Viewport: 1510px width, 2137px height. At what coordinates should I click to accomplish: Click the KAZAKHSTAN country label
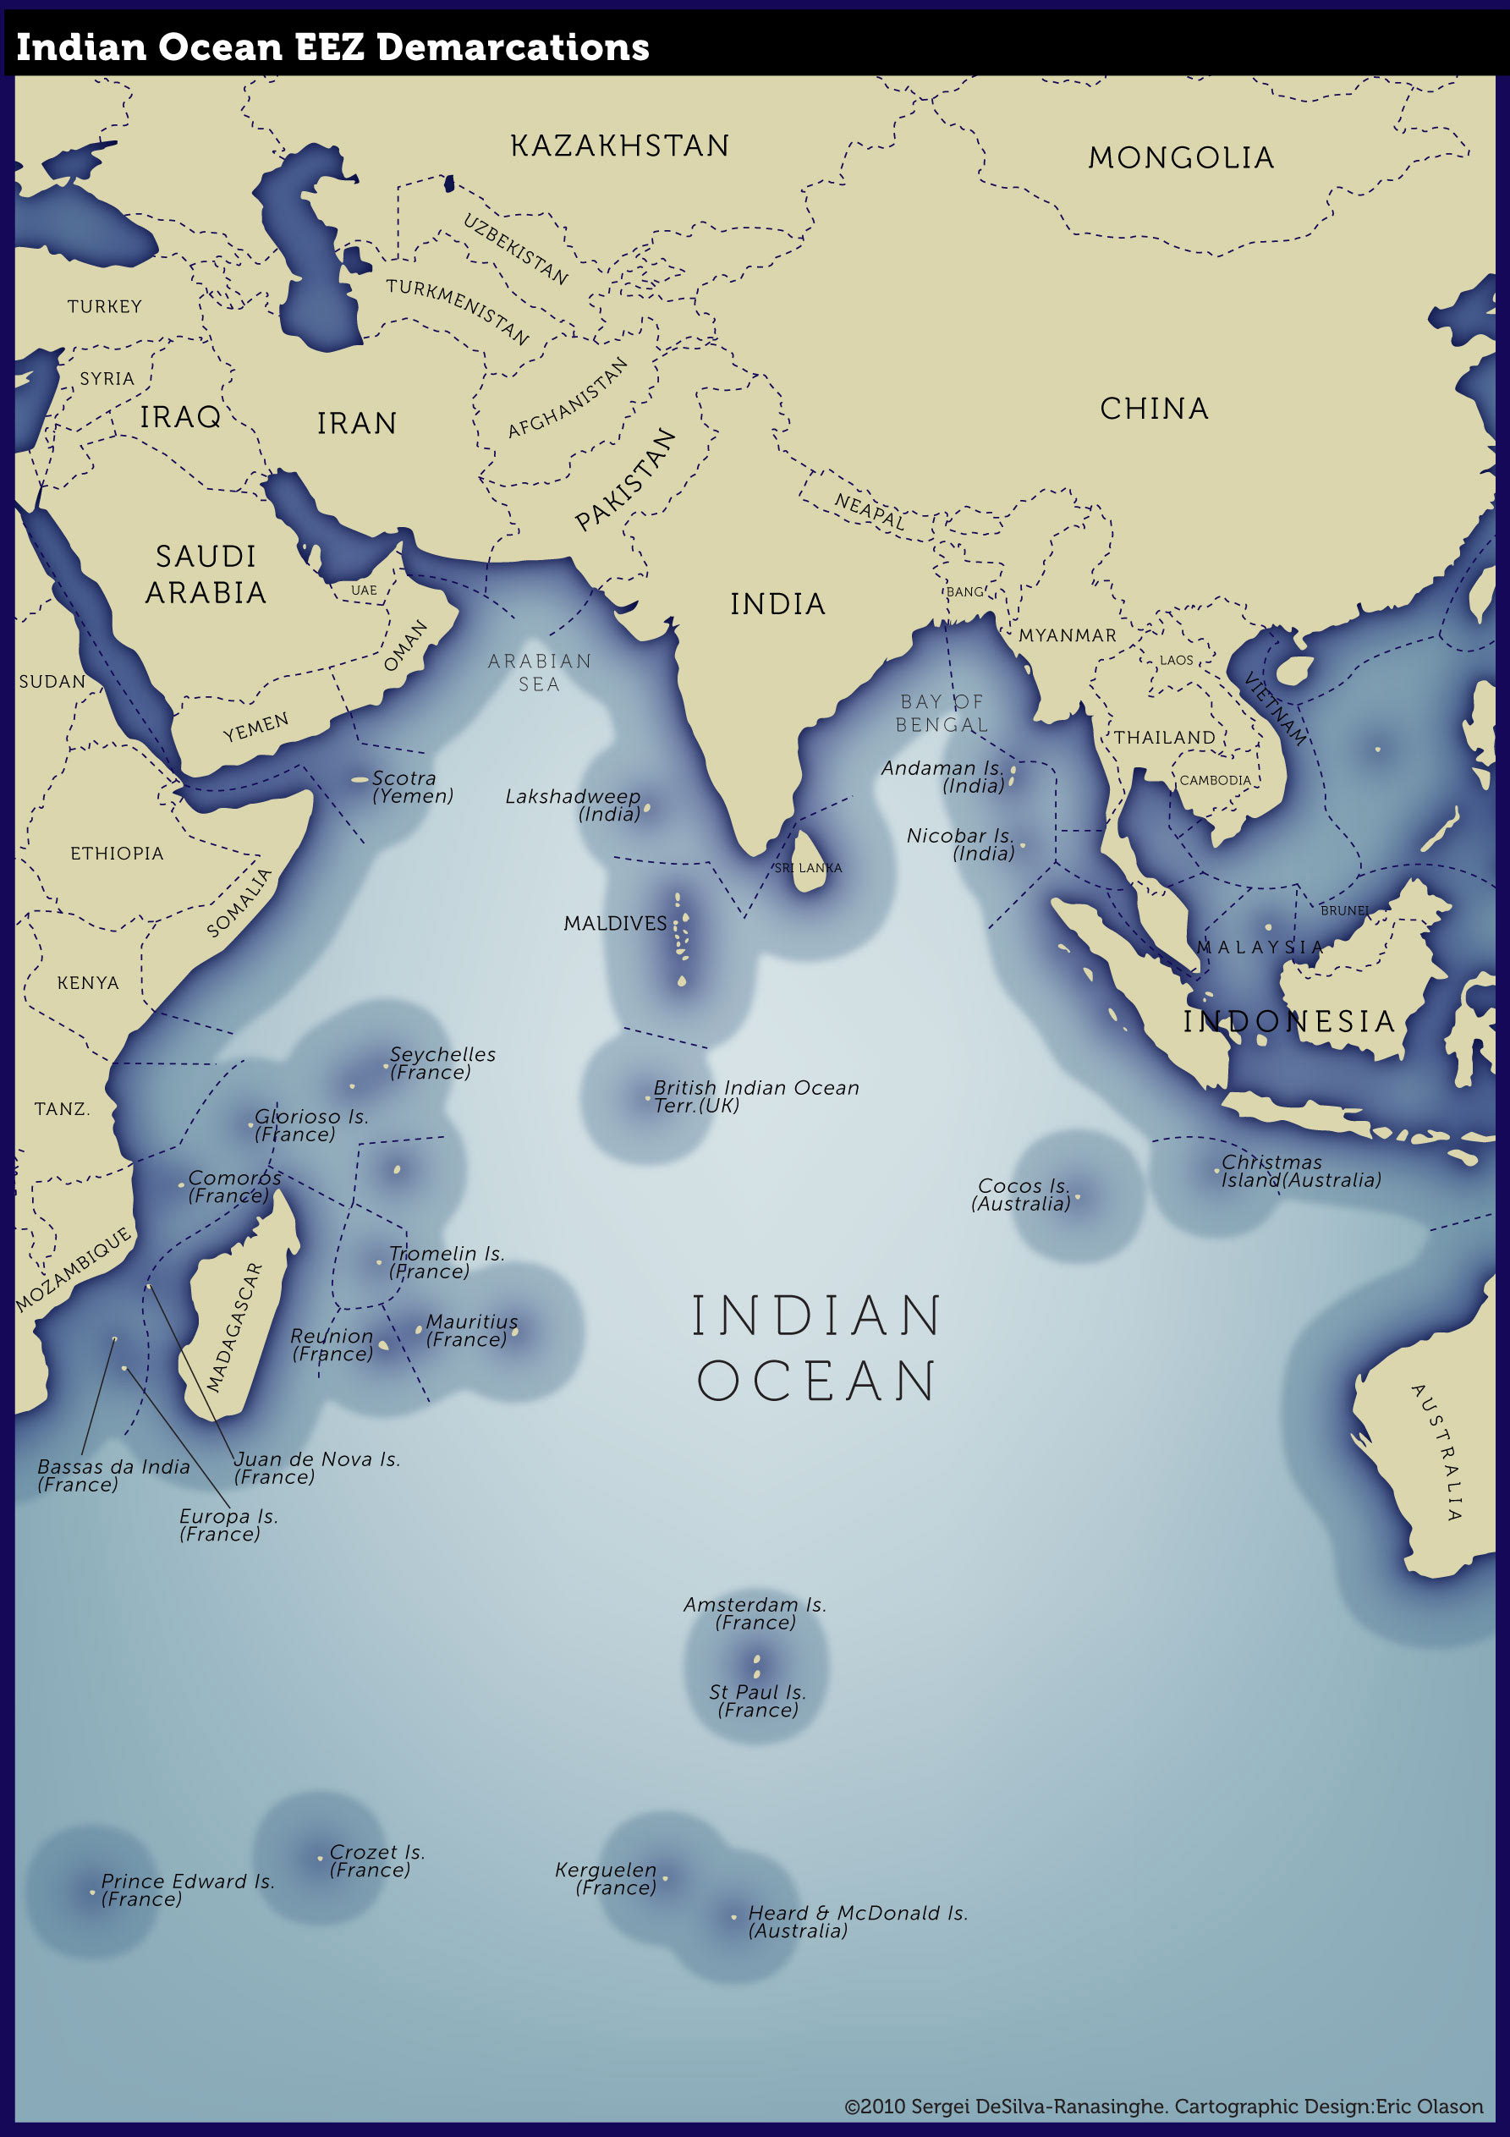click(619, 146)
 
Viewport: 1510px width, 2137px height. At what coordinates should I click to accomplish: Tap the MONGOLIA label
click(1180, 158)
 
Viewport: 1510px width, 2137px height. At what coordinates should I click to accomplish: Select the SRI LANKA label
click(808, 867)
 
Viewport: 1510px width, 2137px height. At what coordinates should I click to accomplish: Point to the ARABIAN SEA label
click(540, 672)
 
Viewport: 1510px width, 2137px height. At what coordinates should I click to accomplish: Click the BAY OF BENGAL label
click(942, 713)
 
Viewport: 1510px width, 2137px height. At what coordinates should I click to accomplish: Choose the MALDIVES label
click(614, 923)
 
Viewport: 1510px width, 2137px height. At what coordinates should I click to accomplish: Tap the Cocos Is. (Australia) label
click(1022, 1195)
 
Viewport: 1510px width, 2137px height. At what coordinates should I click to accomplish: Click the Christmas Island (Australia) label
click(1299, 1171)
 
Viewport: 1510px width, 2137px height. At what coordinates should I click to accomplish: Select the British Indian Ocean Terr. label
click(755, 1096)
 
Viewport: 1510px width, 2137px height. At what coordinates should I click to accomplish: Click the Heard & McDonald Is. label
click(858, 1921)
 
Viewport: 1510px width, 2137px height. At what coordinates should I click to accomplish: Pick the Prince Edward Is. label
click(186, 1889)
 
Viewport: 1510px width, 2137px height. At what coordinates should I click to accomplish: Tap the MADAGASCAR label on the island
click(234, 1327)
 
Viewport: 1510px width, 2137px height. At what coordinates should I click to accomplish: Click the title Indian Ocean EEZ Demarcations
click(332, 47)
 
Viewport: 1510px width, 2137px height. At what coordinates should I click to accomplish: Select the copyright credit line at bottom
click(1163, 2107)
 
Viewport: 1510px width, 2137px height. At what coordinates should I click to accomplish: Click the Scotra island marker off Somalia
click(360, 779)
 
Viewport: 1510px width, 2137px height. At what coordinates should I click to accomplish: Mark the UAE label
click(364, 591)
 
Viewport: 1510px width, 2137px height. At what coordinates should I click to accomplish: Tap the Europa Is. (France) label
click(228, 1524)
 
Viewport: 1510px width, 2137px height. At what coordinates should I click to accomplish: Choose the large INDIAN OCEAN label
click(816, 1348)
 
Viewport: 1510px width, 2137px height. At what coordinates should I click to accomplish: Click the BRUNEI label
click(1344, 910)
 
